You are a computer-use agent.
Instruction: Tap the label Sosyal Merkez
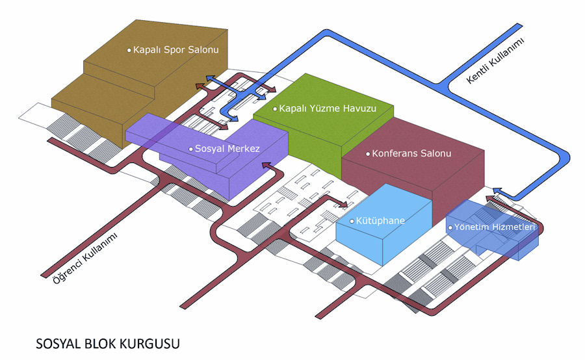(227, 149)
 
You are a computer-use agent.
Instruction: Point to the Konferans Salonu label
(411, 154)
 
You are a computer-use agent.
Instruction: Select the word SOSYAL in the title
(56, 342)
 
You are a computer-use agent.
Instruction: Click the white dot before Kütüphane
(352, 222)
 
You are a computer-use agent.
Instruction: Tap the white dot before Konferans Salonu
(367, 155)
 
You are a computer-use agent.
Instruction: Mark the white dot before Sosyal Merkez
(190, 149)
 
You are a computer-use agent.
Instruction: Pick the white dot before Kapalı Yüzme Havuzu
(275, 109)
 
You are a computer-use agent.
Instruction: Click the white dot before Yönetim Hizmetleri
(450, 229)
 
